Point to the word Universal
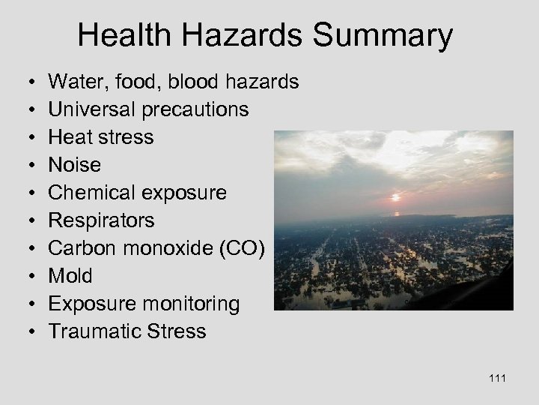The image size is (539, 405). pos(90,109)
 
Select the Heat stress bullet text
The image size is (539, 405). pos(101,137)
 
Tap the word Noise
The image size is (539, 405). pos(75,165)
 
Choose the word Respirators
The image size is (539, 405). pos(101,220)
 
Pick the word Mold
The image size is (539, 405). pos(70,276)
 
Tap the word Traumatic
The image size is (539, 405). pos(93,331)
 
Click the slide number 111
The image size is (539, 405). pos(496,378)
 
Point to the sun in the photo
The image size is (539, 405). pos(396,198)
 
